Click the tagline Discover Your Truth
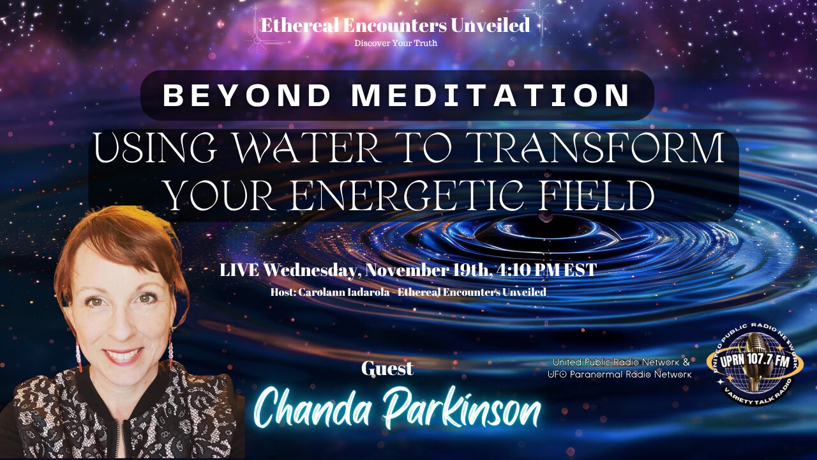(395, 43)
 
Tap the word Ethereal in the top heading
(299, 26)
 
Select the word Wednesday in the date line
(311, 270)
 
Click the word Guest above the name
(387, 369)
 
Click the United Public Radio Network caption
(621, 362)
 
